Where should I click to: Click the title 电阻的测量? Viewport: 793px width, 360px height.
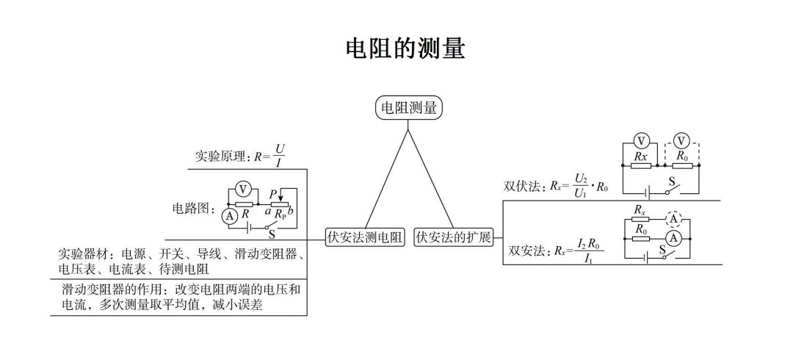point(405,49)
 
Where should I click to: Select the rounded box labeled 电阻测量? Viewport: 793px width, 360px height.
point(408,109)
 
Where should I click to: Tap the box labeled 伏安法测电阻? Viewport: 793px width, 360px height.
point(365,237)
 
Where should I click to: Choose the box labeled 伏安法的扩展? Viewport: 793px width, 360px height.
point(453,237)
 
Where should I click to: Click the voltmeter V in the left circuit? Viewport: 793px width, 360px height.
point(243,189)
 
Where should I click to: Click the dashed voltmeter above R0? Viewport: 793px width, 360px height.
point(682,140)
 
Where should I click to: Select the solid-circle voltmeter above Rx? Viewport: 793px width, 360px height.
point(641,140)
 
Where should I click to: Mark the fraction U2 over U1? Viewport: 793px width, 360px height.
point(582,186)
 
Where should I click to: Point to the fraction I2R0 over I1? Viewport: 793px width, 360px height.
point(590,251)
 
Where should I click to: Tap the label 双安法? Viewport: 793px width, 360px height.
point(526,251)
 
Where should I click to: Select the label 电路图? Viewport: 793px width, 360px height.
point(192,209)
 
